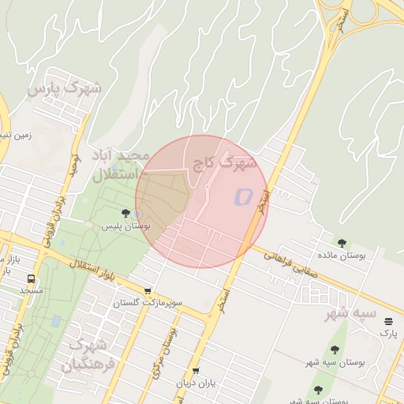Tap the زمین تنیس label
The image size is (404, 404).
click(x=16, y=135)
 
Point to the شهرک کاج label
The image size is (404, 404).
click(x=225, y=164)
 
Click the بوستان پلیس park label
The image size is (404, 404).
click(x=126, y=226)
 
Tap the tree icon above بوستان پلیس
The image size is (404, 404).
click(x=126, y=213)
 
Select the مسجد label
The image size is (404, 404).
click(x=32, y=291)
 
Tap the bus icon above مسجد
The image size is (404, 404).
click(x=32, y=279)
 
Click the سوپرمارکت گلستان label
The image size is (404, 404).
click(x=148, y=303)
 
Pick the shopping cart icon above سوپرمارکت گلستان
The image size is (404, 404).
click(x=148, y=290)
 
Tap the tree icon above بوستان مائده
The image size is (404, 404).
click(x=342, y=243)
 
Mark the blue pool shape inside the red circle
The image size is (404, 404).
click(x=242, y=196)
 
